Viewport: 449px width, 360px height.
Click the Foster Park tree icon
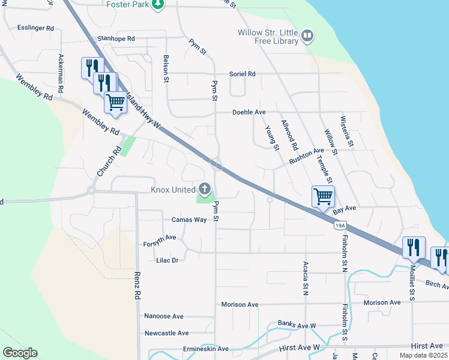(157, 5)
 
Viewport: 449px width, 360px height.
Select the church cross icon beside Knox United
(205, 190)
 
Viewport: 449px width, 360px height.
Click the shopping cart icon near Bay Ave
(323, 196)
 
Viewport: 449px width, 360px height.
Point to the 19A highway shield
(340, 225)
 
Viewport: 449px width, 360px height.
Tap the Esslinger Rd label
(36, 28)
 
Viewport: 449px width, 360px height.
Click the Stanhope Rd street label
(116, 38)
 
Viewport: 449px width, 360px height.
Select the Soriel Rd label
(243, 74)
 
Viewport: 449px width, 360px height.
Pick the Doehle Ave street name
(249, 112)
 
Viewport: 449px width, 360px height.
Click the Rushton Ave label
(306, 157)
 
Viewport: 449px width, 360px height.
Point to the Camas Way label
(189, 220)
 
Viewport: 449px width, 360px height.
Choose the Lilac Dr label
(167, 260)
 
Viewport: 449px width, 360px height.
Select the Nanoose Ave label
(164, 316)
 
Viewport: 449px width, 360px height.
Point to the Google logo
(20, 353)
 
